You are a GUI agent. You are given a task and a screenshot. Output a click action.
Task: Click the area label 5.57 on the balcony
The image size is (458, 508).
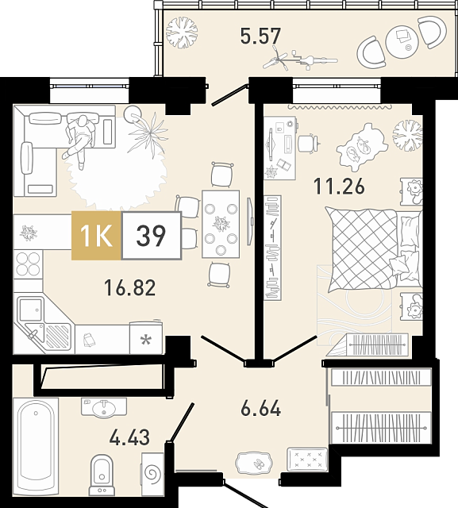click(x=260, y=36)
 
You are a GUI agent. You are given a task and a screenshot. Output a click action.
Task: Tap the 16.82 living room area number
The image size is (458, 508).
click(x=129, y=287)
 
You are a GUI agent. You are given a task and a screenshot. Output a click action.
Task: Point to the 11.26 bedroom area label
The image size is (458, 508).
click(x=339, y=186)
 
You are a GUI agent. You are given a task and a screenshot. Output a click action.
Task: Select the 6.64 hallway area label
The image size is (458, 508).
click(x=260, y=409)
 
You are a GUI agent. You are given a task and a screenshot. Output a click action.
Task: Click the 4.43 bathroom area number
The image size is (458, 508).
click(x=129, y=437)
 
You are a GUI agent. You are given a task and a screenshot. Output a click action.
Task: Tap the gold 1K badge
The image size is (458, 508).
click(x=96, y=235)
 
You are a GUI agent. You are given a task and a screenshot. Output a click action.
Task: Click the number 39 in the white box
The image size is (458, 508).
click(x=151, y=236)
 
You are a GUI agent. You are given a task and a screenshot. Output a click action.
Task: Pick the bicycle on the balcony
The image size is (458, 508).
click(x=300, y=60)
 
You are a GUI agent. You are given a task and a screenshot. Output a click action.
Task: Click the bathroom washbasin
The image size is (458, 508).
click(x=104, y=407)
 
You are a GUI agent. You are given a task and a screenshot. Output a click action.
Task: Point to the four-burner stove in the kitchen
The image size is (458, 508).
click(x=29, y=264)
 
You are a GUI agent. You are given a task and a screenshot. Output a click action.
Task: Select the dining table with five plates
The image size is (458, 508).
click(x=221, y=224)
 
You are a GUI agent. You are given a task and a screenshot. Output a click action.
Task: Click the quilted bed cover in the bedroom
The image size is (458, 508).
click(x=362, y=248)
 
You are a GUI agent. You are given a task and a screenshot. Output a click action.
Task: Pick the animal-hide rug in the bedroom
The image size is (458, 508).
click(x=362, y=147)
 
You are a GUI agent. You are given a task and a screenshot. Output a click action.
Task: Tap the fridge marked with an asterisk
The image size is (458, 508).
click(x=146, y=337)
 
